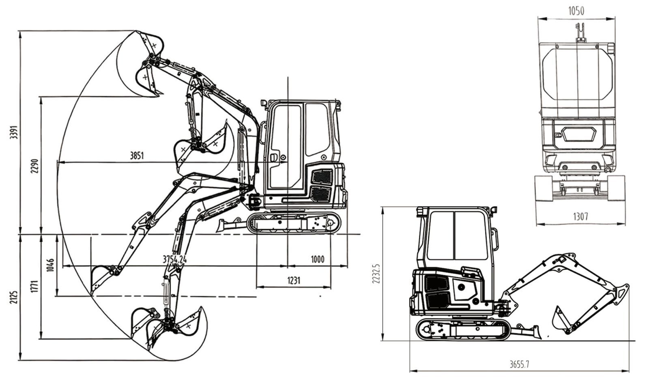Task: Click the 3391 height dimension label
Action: coord(14,132)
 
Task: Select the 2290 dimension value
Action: coord(34,166)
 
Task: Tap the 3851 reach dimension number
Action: coord(136,156)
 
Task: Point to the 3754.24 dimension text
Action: coord(174,259)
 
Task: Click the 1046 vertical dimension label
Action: coord(50,265)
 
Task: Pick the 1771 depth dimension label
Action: coord(34,286)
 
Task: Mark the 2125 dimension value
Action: coord(14,297)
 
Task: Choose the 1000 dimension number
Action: coord(318,259)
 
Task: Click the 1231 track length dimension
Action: coord(294,281)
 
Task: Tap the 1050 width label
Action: coord(576,11)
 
